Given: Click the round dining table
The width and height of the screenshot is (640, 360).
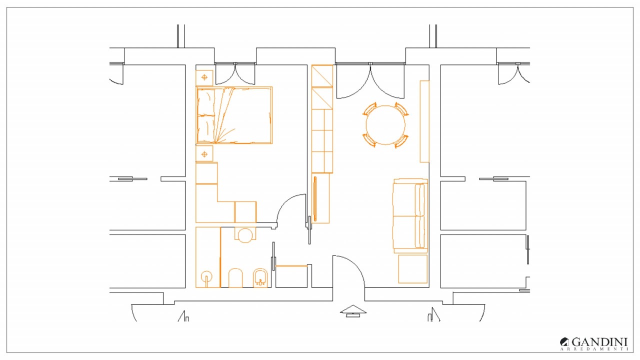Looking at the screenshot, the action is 385,125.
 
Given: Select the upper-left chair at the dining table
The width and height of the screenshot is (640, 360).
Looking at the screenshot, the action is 370,109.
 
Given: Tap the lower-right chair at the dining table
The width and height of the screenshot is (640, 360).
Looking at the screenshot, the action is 401,141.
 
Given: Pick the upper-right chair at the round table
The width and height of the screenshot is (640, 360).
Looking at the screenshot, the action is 401,109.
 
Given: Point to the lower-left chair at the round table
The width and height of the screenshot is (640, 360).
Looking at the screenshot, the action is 369,140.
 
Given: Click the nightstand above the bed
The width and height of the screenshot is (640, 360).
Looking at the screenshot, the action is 204,77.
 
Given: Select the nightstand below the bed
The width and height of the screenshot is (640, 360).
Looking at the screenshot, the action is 204,154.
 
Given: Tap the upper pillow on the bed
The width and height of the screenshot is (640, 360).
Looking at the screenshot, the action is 206,102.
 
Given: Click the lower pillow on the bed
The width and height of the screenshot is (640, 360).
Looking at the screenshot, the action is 206,128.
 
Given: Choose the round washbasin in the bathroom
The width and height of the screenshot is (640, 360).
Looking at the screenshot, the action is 245,235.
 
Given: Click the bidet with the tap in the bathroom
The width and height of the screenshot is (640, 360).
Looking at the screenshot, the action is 260,277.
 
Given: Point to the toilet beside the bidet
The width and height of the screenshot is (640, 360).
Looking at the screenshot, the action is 235,277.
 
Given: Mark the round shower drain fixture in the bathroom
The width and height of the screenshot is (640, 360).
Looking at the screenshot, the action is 206,276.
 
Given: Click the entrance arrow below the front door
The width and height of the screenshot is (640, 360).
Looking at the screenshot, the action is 353,311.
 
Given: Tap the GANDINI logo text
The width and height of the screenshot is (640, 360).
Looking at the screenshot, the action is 599,342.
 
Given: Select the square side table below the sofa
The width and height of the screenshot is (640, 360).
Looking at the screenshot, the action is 413,269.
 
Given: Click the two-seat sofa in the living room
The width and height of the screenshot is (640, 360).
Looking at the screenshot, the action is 410,215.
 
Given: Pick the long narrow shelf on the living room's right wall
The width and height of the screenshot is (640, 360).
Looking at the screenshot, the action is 424,121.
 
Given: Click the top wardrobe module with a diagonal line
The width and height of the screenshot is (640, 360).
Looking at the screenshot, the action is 322,76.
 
